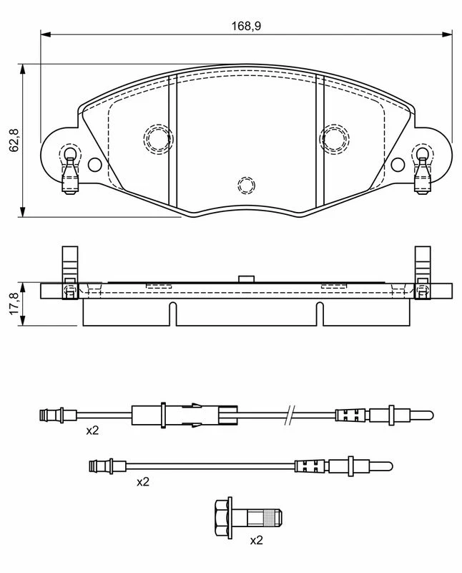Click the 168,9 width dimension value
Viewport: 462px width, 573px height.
[x=246, y=26]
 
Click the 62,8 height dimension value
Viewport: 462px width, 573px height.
[x=14, y=140]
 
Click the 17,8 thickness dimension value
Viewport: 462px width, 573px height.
[x=14, y=303]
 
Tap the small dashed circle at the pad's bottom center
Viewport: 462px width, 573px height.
[x=246, y=185]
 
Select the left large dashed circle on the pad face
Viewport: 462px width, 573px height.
[x=158, y=138]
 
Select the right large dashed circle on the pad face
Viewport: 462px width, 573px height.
[x=334, y=138]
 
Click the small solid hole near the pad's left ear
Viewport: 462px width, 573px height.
[x=95, y=165]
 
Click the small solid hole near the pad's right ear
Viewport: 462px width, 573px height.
[x=398, y=165]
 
